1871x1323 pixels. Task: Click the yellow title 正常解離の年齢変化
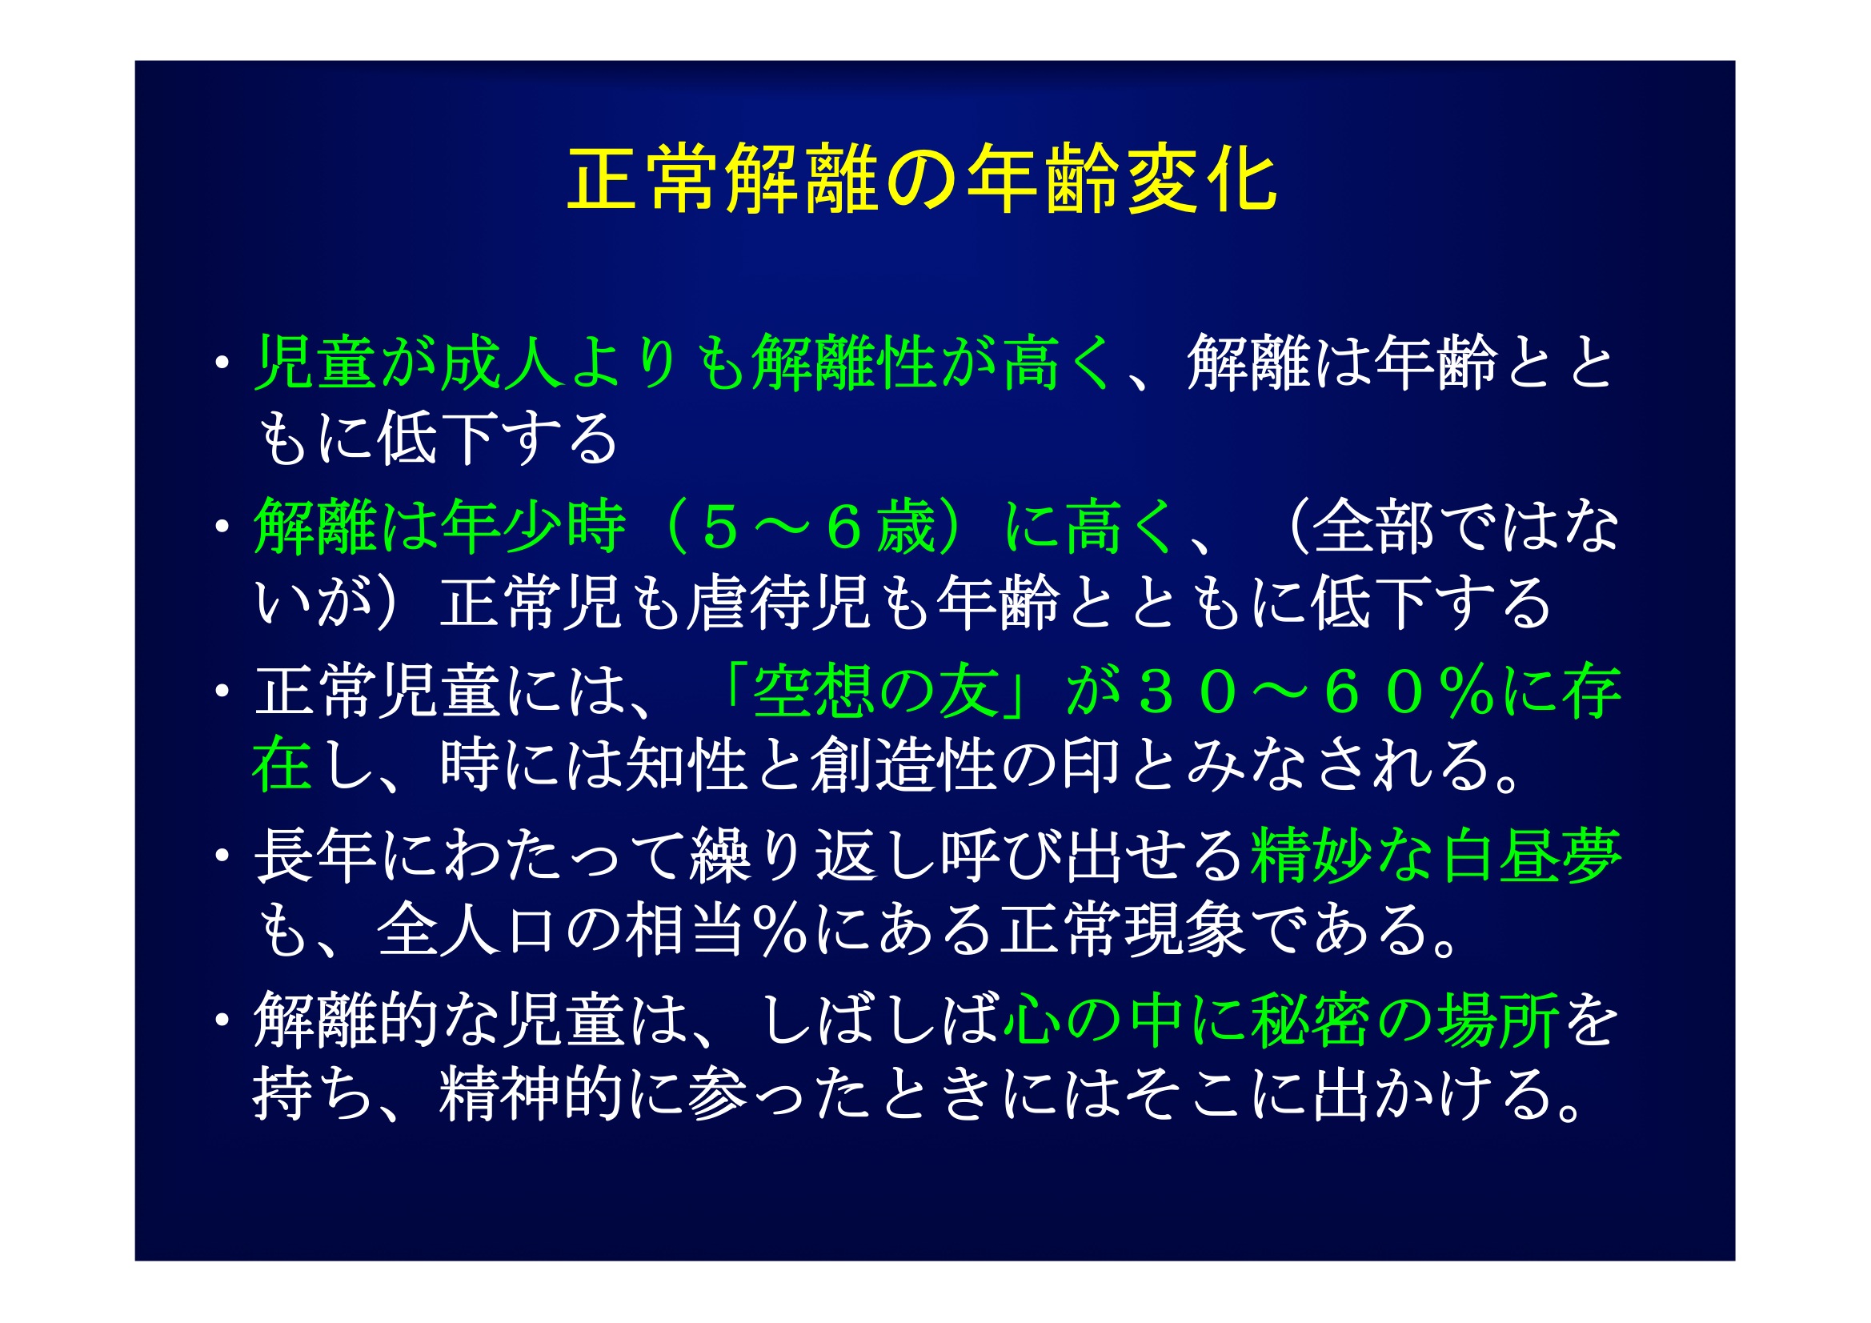point(922,178)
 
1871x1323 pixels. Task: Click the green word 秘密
point(1312,1020)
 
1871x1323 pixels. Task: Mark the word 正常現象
point(1122,930)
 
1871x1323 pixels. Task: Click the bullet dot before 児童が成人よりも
point(222,363)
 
